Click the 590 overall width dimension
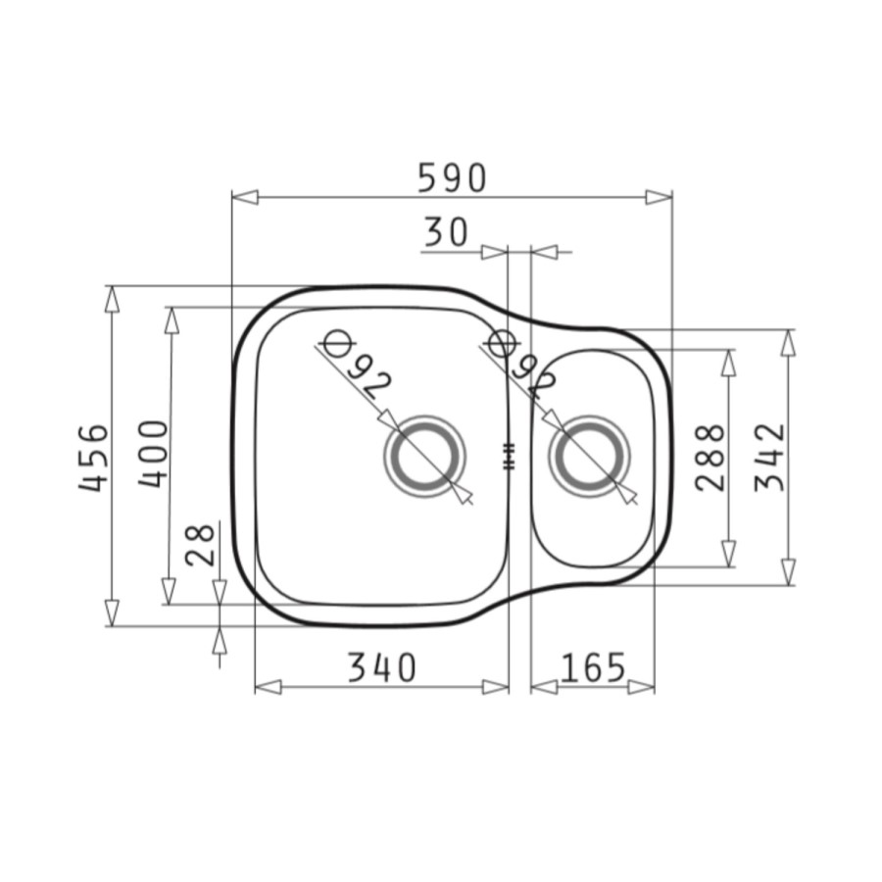[452, 177]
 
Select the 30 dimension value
[446, 232]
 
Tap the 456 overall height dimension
[94, 457]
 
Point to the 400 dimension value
[153, 454]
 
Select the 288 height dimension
[710, 457]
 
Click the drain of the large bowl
[423, 457]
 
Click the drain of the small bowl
[588, 457]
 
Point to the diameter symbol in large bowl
[336, 344]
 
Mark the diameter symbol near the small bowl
[501, 344]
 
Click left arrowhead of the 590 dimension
[244, 197]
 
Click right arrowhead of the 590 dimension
[660, 197]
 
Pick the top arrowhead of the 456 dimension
[112, 298]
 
